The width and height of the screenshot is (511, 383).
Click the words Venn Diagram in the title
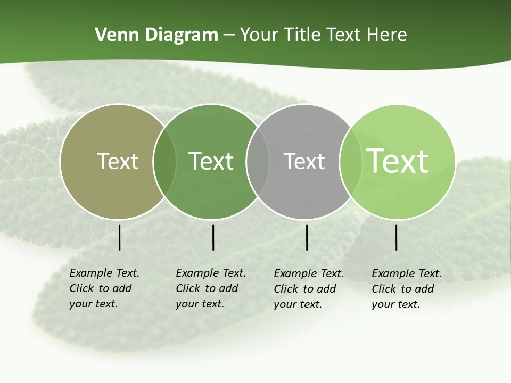coord(156,35)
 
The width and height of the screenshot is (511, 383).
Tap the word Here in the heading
coord(387,35)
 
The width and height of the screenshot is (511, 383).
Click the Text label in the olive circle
coord(118,161)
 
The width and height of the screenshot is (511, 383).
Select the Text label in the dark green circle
coord(211,161)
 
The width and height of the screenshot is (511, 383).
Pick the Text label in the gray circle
coord(304,161)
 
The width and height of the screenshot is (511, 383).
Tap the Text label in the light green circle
coord(398,161)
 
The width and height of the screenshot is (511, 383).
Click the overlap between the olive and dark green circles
coord(164,161)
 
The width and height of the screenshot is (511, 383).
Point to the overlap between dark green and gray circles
coord(258,161)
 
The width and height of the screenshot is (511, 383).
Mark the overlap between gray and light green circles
coord(350,161)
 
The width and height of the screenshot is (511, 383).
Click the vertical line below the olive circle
coord(119,237)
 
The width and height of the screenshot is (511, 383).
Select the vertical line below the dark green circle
coord(213,237)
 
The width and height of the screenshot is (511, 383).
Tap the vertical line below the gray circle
coord(307,237)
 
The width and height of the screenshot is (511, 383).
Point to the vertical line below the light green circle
coord(396,237)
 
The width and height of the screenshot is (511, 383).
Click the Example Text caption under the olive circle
coord(104,288)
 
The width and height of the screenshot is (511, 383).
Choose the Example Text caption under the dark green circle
coord(211,288)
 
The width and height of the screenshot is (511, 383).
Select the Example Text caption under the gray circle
coord(309,289)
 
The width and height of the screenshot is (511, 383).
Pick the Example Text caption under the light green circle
coord(407,289)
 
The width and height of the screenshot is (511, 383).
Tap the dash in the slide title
coord(229,36)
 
